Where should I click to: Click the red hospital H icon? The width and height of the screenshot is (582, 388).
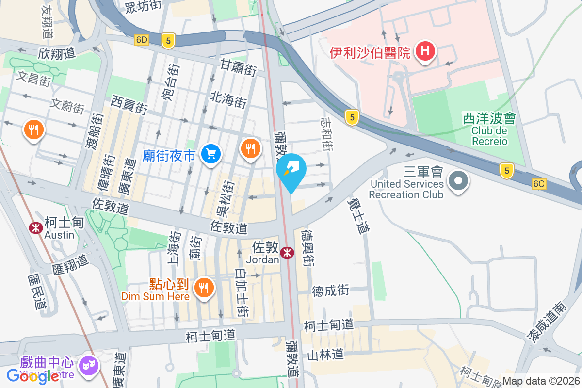click(x=425, y=50)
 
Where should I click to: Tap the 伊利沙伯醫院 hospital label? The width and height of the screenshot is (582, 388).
click(x=370, y=52)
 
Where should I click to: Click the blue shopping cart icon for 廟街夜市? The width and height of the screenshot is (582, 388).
click(x=211, y=154)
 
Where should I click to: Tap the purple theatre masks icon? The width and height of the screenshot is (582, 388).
click(x=88, y=363)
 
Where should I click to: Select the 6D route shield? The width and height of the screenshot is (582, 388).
click(x=142, y=40)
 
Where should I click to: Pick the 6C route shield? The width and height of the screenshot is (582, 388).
click(x=539, y=184)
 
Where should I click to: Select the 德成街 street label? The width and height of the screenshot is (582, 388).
click(x=330, y=291)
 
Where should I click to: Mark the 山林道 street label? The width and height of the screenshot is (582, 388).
click(x=325, y=355)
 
